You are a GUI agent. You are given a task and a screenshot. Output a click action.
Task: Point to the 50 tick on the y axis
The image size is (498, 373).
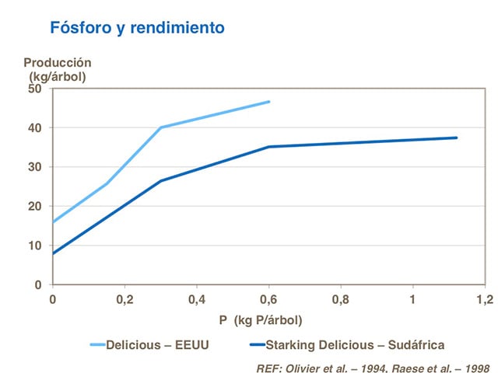click(34, 89)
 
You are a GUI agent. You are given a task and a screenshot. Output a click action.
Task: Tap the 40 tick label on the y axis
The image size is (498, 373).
click(34, 127)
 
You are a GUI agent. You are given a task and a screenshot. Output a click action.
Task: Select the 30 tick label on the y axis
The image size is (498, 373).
click(34, 167)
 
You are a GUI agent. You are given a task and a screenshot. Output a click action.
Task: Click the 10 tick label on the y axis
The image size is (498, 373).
click(34, 246)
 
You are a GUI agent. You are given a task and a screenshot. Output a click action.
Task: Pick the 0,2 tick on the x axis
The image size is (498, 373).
click(124, 299)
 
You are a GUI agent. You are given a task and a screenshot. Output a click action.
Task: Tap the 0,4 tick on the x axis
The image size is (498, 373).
click(197, 299)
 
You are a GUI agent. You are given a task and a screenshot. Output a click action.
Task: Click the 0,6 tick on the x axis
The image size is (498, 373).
click(268, 299)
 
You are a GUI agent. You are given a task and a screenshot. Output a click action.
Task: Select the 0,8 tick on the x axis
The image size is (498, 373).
click(341, 299)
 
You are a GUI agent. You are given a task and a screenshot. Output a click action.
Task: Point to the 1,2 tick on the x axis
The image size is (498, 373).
click(485, 299)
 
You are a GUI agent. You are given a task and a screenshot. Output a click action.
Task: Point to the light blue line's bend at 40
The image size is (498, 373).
click(161, 127)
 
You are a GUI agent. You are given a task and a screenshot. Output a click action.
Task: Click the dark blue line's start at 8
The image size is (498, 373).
click(53, 253)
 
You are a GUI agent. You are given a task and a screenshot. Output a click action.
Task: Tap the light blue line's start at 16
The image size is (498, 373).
click(53, 222)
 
